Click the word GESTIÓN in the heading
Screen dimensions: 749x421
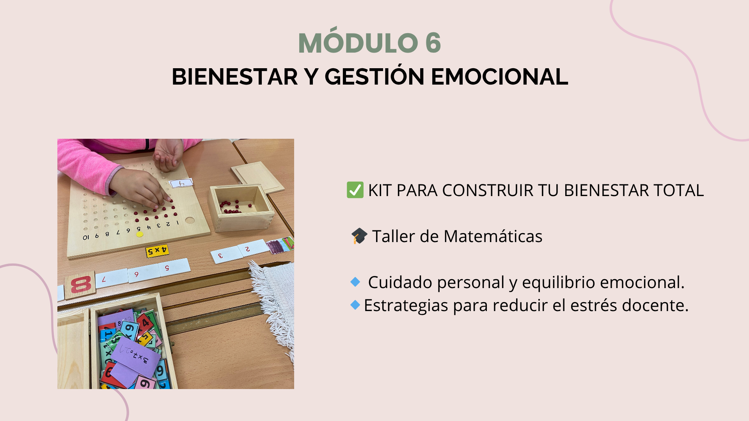click(374, 76)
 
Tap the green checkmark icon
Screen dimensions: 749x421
click(355, 190)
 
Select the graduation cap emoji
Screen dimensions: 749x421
click(359, 236)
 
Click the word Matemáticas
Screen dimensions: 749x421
click(493, 236)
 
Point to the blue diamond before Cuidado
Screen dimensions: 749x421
click(355, 282)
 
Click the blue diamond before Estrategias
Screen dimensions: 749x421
click(355, 305)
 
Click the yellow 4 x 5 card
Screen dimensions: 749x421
click(157, 251)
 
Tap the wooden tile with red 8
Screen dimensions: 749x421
click(80, 285)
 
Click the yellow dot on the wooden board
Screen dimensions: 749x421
click(140, 234)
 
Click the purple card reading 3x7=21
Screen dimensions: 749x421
click(135, 357)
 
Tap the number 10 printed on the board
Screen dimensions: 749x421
click(86, 237)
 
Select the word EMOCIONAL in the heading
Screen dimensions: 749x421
click(499, 76)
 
